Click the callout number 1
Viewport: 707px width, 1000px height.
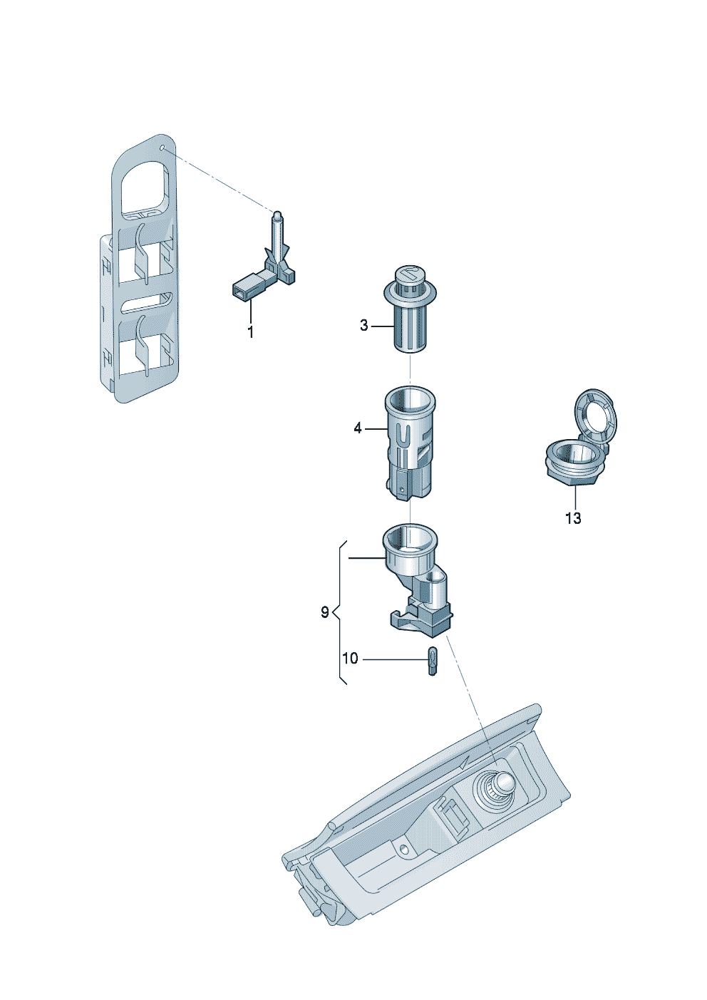pos(250,332)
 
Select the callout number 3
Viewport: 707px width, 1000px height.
pos(364,326)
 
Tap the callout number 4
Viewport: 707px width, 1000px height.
pos(358,428)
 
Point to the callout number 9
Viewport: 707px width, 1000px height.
pos(324,612)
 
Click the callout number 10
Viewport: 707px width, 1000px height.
pos(350,659)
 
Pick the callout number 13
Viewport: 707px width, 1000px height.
pos(573,518)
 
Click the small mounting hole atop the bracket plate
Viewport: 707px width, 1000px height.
pos(163,148)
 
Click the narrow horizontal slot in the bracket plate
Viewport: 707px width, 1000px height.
pos(147,304)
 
